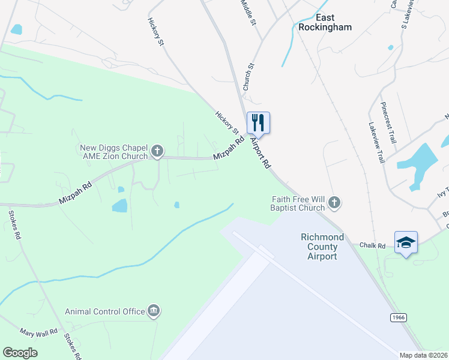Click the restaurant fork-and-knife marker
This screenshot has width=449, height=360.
pyautogui.click(x=258, y=122)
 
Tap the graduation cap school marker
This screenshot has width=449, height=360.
pyautogui.click(x=406, y=242)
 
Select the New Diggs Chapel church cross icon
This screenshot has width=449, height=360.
pyautogui.click(x=157, y=151)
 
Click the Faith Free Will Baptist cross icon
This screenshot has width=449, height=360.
pyautogui.click(x=335, y=203)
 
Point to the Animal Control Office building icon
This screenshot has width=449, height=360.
pyautogui.click(x=154, y=311)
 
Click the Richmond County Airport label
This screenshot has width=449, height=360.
pyautogui.click(x=322, y=247)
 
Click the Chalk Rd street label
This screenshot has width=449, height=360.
pyautogui.click(x=372, y=245)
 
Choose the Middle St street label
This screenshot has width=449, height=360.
pyautogui.click(x=248, y=12)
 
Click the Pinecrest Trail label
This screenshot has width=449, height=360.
pyautogui.click(x=388, y=122)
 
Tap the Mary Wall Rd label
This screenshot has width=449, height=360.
pyautogui.click(x=38, y=331)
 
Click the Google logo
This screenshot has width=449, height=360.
pyautogui.click(x=20, y=353)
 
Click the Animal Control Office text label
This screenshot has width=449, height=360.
pyautogui.click(x=105, y=311)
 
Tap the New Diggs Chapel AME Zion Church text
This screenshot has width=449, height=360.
pyautogui.click(x=114, y=152)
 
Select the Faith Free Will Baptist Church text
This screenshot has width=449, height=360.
pyautogui.click(x=298, y=204)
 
